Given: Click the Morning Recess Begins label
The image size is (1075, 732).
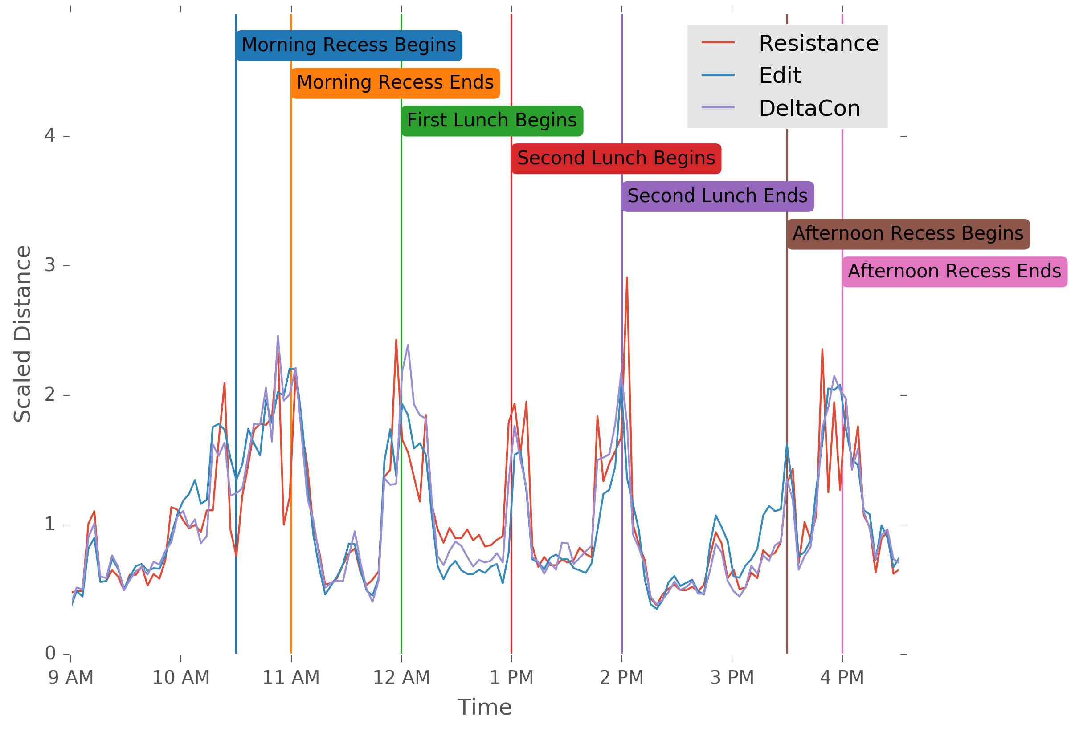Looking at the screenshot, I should click(x=349, y=45).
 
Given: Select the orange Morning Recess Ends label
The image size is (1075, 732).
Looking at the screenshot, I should click(x=395, y=83).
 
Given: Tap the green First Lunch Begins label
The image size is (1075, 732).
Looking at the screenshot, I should click(x=492, y=121).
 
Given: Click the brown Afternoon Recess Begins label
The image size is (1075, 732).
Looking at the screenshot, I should click(x=908, y=234).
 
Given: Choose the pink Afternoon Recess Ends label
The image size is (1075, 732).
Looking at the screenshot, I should click(x=954, y=272).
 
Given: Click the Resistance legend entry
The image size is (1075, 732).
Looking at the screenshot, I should click(x=818, y=44).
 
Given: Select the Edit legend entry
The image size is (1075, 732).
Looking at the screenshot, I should click(x=780, y=75).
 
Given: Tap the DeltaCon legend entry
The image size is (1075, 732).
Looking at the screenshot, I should click(x=809, y=109).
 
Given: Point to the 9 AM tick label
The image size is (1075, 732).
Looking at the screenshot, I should click(x=71, y=678).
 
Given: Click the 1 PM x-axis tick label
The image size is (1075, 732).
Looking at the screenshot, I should click(x=511, y=678).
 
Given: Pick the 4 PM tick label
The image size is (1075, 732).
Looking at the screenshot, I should click(x=842, y=678).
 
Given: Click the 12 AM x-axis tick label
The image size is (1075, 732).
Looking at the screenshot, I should click(x=401, y=678).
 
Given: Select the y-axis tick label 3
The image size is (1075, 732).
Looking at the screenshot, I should click(x=50, y=265).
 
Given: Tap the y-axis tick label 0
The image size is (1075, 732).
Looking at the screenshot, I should click(x=50, y=653).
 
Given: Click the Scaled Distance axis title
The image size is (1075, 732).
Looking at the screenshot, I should click(x=22, y=334).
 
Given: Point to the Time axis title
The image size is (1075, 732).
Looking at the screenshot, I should click(x=484, y=708).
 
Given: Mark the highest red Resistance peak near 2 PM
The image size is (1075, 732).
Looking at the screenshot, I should click(x=627, y=277).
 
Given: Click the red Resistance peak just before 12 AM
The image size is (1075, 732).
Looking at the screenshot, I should click(x=396, y=340).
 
